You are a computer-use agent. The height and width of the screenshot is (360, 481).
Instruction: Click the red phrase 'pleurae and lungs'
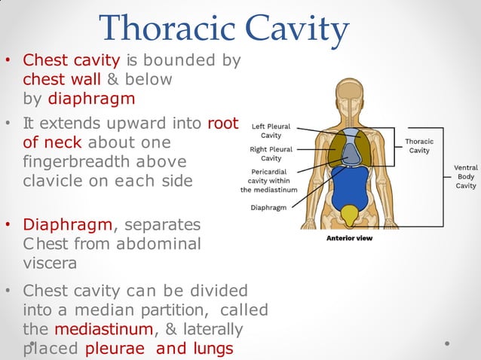[159, 349]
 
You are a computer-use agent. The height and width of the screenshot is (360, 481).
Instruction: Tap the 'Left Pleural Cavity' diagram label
[271, 131]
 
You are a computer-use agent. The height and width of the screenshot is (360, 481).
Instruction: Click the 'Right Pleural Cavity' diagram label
[271, 154]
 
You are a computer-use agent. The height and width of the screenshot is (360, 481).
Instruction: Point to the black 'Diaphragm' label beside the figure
[268, 207]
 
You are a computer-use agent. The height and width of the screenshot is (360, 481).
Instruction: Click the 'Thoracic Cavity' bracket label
[419, 145]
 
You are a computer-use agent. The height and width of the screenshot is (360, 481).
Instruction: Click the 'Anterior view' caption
[349, 239]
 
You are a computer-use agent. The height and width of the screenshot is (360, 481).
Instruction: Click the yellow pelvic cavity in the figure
[348, 216]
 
